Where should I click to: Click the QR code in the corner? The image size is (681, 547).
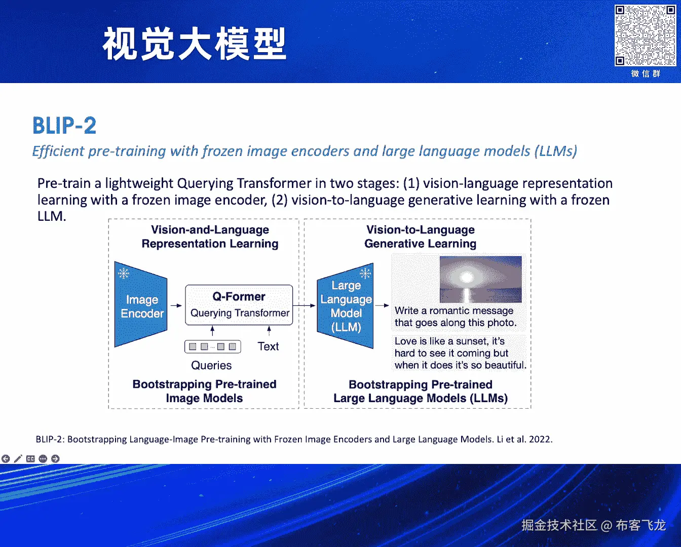645,35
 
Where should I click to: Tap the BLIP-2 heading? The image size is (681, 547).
64,126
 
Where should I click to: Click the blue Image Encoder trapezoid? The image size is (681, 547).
141,304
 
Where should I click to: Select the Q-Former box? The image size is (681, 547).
239,305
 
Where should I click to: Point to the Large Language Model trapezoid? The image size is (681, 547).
345,305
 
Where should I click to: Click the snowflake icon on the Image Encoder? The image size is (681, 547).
124,273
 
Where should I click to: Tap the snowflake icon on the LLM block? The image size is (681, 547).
365,273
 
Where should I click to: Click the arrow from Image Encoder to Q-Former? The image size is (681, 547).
176,305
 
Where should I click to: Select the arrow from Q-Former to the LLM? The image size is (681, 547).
305,305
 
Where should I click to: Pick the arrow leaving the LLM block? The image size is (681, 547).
382,305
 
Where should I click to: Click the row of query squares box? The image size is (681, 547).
213,347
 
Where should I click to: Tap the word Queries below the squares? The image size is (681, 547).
211,365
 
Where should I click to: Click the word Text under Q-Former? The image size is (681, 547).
268,346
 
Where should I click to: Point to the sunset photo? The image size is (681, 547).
481,280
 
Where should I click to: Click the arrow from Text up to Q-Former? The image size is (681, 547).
269,331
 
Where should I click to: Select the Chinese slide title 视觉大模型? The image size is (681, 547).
195,44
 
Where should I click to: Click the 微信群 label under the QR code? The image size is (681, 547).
646,74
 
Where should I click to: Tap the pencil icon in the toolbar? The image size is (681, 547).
18,459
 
